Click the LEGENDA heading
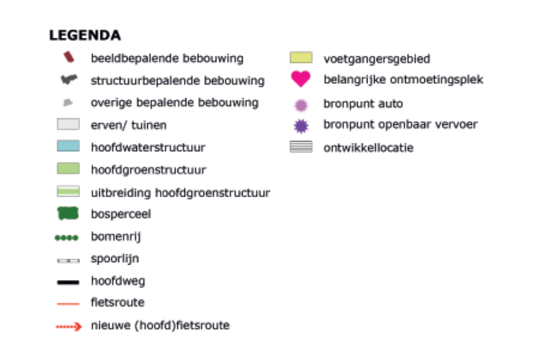click(85, 35)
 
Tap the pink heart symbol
click(300, 79)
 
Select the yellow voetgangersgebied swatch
click(301, 58)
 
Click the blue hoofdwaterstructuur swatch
click(69, 146)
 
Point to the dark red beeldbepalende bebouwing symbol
click(69, 57)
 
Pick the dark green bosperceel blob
click(68, 213)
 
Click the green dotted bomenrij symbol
click(67, 238)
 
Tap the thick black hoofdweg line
click(68, 282)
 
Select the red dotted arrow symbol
click(69, 326)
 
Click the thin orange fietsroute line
click(68, 304)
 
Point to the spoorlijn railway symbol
click(69, 261)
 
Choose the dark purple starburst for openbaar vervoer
click(302, 126)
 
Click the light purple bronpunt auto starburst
click(302, 105)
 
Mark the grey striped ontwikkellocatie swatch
click(301, 147)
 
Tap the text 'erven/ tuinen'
click(129, 125)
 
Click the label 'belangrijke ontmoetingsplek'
click(403, 79)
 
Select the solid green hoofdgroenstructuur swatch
click(69, 168)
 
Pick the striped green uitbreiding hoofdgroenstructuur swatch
click(69, 191)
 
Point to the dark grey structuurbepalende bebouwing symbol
click(69, 79)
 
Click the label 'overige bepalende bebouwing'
click(175, 102)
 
